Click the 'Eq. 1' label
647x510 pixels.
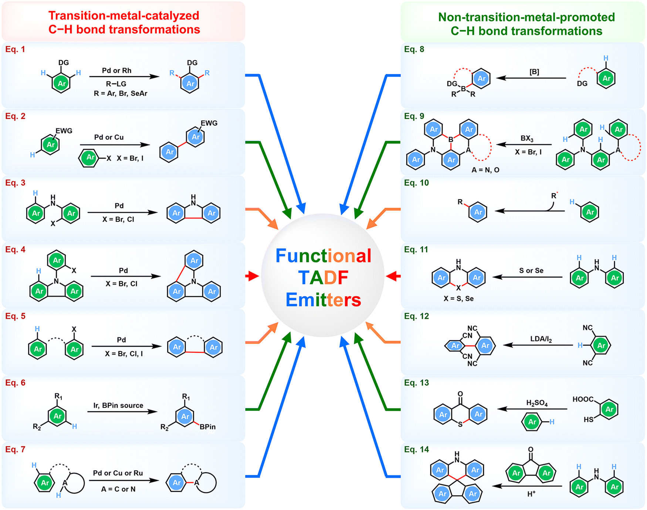15,49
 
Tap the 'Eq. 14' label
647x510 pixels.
416,449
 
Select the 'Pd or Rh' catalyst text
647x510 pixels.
116,70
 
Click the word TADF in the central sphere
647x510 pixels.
323,278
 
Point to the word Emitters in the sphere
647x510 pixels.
323,300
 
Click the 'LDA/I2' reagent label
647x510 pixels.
541,339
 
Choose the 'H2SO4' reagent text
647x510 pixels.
537,403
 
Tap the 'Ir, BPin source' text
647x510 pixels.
118,405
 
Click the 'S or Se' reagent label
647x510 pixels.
531,271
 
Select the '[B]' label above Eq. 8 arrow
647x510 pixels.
534,72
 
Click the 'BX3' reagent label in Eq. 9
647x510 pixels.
527,138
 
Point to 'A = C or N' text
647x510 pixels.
118,489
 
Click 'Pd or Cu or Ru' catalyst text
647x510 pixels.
118,473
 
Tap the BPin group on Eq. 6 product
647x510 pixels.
207,427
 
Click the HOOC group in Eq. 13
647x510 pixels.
583,399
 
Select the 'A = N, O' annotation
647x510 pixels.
485,170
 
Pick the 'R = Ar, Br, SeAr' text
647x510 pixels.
120,93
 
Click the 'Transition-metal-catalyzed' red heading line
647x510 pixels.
123,16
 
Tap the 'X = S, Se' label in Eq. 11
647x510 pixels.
458,298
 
